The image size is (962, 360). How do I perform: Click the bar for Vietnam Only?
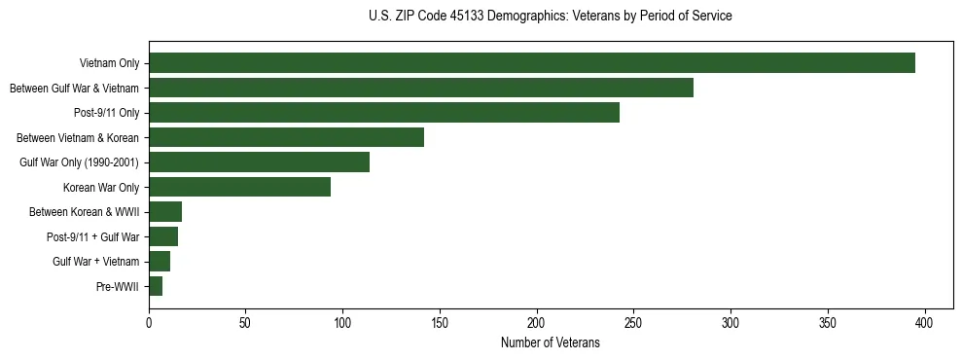coord(532,63)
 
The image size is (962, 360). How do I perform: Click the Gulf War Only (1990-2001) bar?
coord(259,162)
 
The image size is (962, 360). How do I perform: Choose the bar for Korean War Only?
coord(239,187)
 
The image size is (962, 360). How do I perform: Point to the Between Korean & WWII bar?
coord(165,212)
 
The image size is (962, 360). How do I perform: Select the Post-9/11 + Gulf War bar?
coord(163,236)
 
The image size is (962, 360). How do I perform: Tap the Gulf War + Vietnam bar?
coord(160,262)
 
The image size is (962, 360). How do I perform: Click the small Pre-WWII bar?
coord(156,286)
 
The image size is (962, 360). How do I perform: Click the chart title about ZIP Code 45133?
coord(551,17)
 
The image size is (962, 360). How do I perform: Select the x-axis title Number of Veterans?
coord(551,343)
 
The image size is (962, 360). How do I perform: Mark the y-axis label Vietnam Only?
coord(109,64)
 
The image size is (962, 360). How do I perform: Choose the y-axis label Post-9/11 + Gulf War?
coord(92,237)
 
